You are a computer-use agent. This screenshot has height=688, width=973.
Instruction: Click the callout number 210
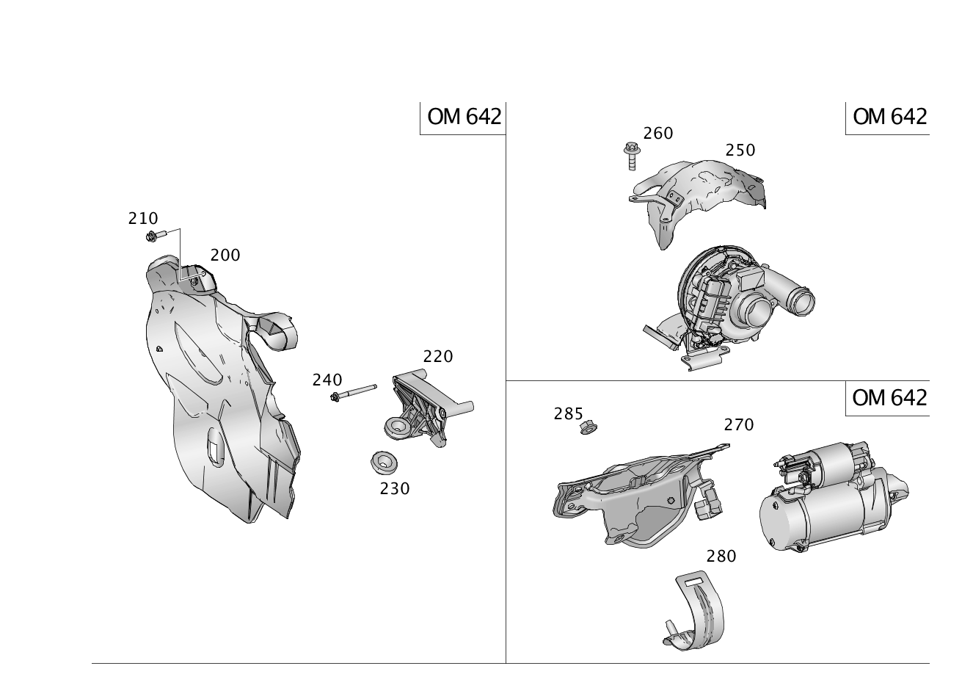pyautogui.click(x=143, y=218)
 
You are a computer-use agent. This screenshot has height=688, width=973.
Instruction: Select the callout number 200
pyautogui.click(x=225, y=255)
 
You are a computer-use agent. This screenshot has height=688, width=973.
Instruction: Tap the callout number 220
pyautogui.click(x=438, y=356)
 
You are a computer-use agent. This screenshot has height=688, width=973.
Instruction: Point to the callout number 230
pyautogui.click(x=395, y=488)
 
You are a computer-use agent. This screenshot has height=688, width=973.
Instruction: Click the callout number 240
pyautogui.click(x=327, y=380)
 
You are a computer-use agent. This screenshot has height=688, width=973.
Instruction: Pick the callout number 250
pyautogui.click(x=740, y=150)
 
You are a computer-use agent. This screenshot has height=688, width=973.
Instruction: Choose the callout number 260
pyautogui.click(x=658, y=133)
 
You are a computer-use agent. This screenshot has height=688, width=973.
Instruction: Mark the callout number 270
pyautogui.click(x=738, y=424)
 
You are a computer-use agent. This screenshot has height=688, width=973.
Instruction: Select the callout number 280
pyautogui.click(x=721, y=556)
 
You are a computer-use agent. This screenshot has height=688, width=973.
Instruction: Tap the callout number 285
pyautogui.click(x=568, y=414)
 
